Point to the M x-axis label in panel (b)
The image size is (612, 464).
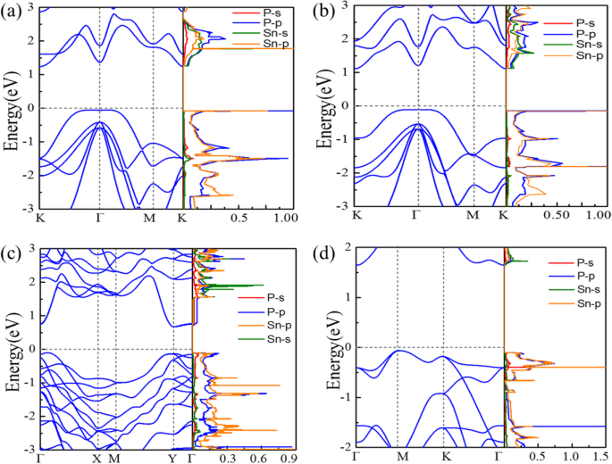click(473, 217)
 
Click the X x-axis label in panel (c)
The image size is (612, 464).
click(96, 458)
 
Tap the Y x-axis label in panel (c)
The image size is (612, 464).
click(172, 458)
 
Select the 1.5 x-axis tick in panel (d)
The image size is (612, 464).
click(602, 457)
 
